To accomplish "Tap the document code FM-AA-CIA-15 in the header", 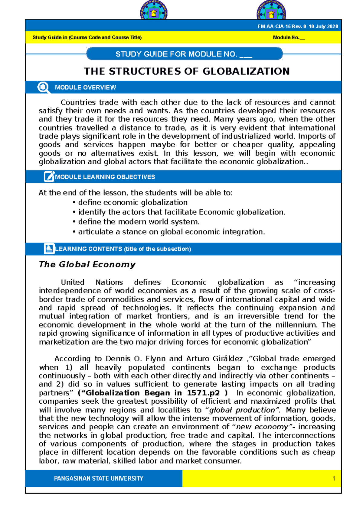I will coord(274,27).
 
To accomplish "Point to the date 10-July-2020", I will coord(323,27).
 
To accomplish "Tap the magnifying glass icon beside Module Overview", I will coord(44,87).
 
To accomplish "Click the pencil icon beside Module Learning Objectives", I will coord(49,176).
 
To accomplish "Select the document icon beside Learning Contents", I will coord(49,248).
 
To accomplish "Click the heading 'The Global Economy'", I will coord(87,264).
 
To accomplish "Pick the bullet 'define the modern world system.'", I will coord(139,222).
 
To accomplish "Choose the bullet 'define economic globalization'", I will coord(132,202).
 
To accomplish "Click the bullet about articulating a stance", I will coord(171,232).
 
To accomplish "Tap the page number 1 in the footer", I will coord(334,478).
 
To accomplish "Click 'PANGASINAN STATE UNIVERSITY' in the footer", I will coord(99,478).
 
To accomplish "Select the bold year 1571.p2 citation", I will coord(203,393).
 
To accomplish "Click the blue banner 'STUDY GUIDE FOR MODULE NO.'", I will coord(184,54).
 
